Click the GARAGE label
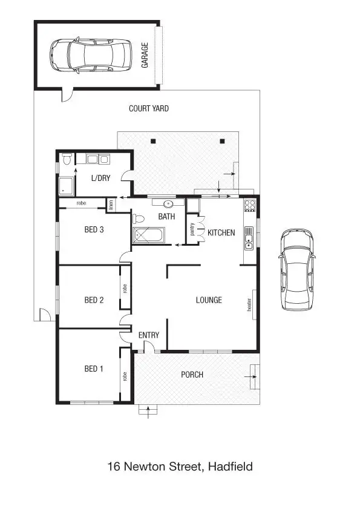tap(145, 55)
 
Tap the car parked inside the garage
tap(91, 54)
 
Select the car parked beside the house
tap(296, 269)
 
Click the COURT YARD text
tap(149, 109)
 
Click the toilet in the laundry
tap(67, 159)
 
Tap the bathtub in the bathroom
tap(148, 236)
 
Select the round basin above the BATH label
tap(166, 205)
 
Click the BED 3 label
tap(94, 229)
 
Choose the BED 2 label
tap(94, 300)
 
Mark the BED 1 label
tap(94, 368)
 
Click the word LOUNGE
tap(209, 300)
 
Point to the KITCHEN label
tap(221, 232)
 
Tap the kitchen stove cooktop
tap(249, 205)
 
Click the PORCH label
tap(192, 375)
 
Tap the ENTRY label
tap(149, 335)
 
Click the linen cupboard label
tap(111, 205)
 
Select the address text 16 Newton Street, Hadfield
tap(180, 467)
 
